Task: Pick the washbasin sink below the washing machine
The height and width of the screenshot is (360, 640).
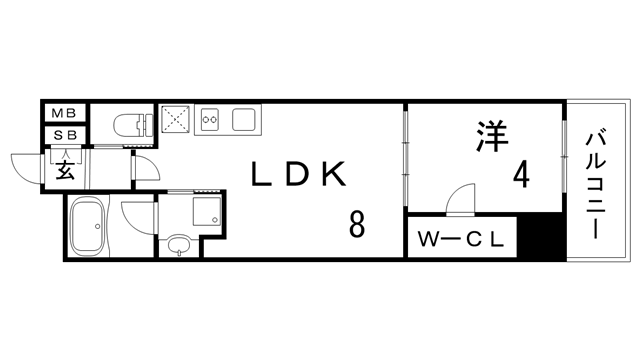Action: tap(179, 244)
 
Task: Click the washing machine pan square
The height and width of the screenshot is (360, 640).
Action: tap(207, 209)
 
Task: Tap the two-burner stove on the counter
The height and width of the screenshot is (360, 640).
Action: tap(212, 121)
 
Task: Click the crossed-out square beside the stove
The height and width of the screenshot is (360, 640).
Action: tap(176, 120)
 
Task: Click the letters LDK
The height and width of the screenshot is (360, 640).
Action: tap(298, 176)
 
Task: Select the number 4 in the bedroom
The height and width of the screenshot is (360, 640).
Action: tap(521, 176)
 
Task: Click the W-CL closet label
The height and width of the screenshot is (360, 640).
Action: tap(463, 240)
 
